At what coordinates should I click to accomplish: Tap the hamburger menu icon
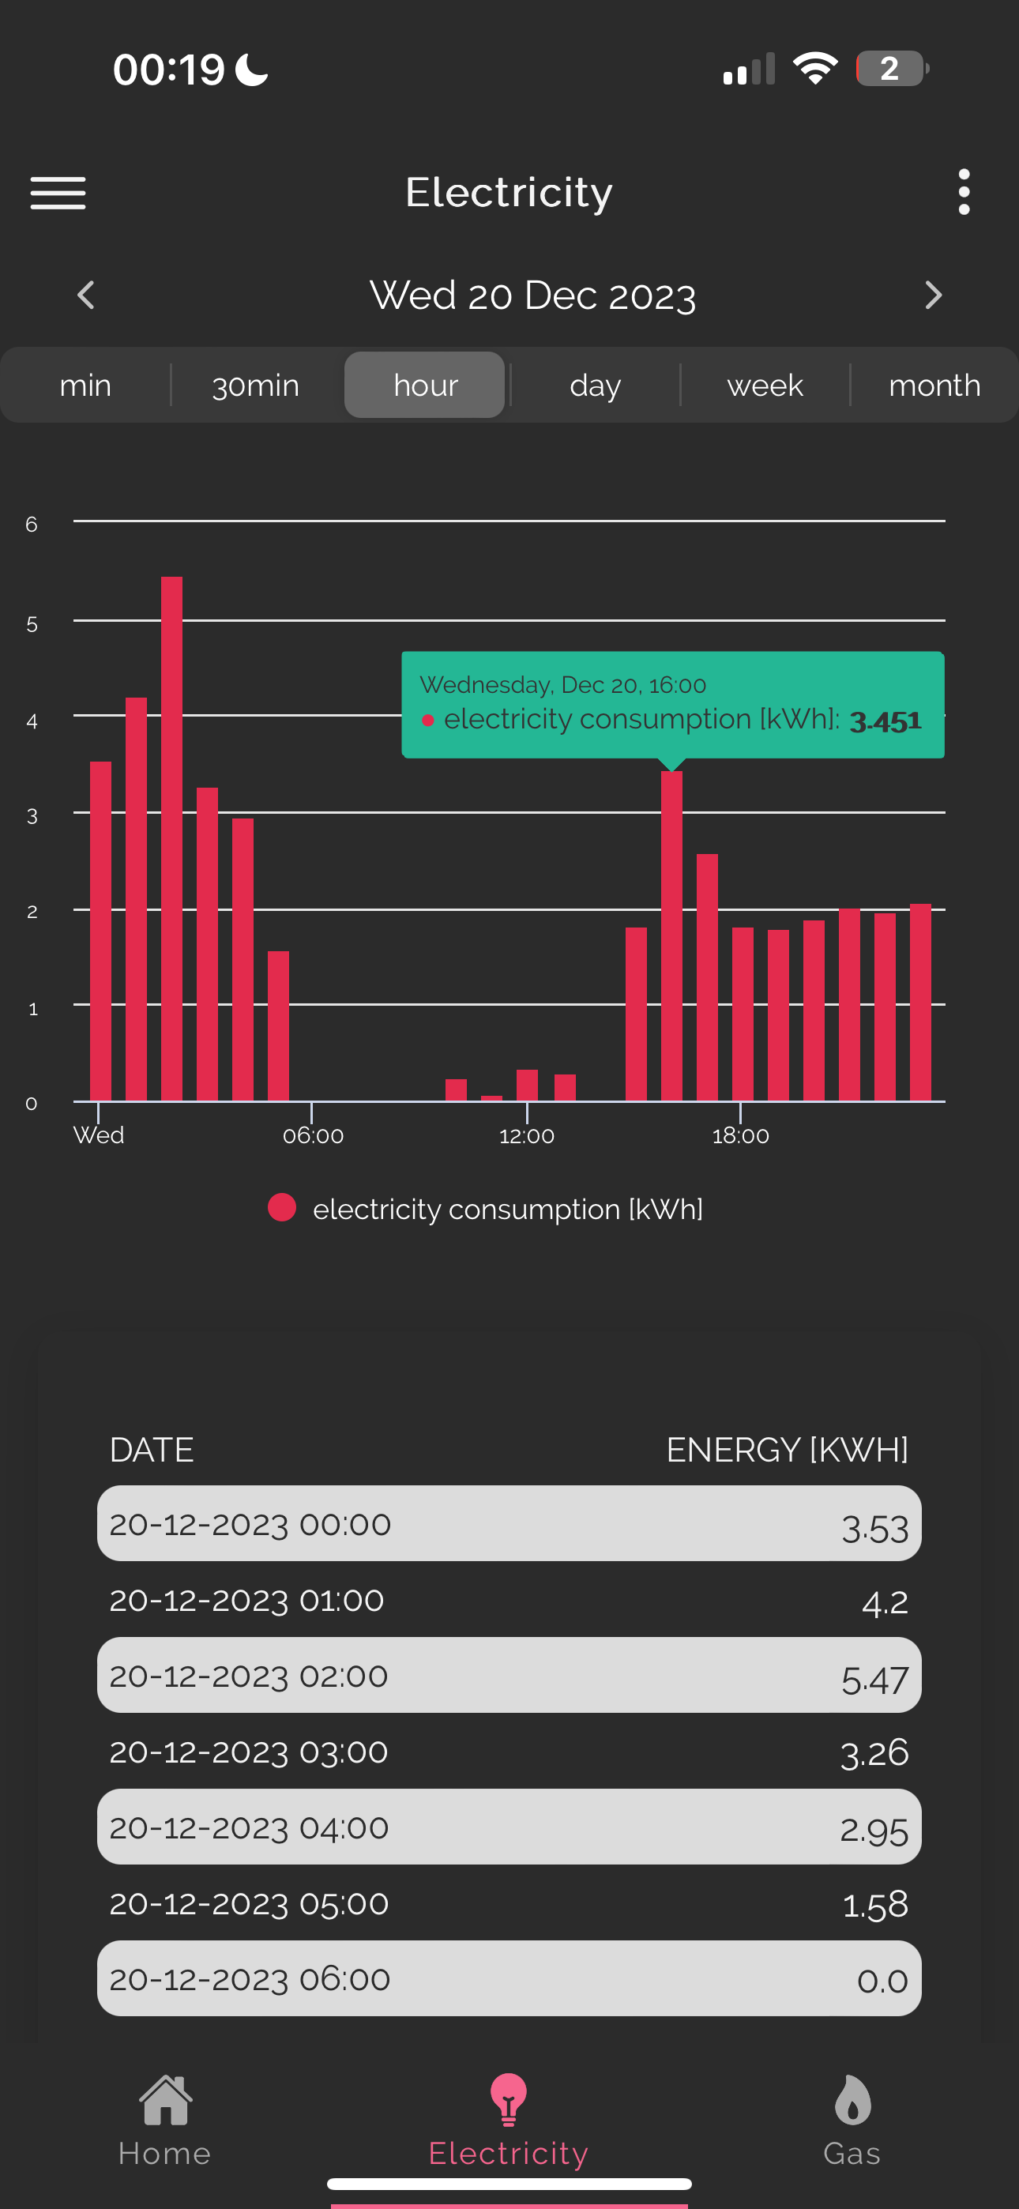[x=58, y=193]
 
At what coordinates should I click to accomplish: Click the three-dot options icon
[x=964, y=192]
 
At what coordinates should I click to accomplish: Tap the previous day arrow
[x=86, y=295]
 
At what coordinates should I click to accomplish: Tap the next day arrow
[x=933, y=295]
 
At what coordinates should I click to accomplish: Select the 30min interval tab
[x=256, y=385]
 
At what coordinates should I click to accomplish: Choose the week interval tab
[x=765, y=385]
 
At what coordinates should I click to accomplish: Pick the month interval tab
[x=935, y=385]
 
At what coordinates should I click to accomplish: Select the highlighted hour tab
[x=425, y=385]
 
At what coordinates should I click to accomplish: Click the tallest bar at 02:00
[x=171, y=839]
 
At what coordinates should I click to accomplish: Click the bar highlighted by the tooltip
[x=671, y=935]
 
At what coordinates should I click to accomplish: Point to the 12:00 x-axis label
[x=527, y=1135]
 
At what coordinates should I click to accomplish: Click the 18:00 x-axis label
[x=741, y=1135]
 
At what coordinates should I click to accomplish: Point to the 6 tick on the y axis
[x=32, y=524]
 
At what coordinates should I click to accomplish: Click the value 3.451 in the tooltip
[x=886, y=721]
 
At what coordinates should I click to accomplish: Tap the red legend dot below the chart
[x=282, y=1207]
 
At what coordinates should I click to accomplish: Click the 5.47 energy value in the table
[x=875, y=1680]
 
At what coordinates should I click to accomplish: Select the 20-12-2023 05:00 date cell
[x=249, y=1903]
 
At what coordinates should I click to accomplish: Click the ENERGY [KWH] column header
[x=788, y=1450]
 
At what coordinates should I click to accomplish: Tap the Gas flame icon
[x=852, y=2099]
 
